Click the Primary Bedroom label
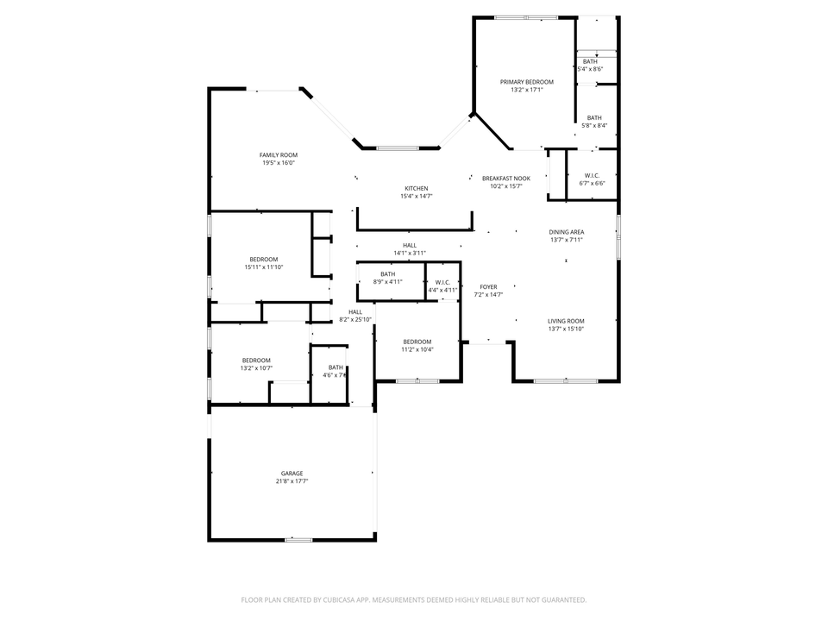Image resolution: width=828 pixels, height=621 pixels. (x=527, y=82)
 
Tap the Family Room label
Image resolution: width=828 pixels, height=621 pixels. (x=279, y=155)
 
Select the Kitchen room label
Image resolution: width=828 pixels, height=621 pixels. (x=417, y=189)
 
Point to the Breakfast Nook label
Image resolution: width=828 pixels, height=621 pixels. (x=506, y=179)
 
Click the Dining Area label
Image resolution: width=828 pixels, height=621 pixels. (x=567, y=232)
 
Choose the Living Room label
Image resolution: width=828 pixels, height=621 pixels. (x=566, y=322)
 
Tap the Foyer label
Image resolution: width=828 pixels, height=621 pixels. (x=488, y=287)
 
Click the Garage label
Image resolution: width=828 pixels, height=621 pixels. (x=292, y=474)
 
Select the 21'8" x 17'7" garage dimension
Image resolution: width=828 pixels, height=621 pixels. (x=292, y=481)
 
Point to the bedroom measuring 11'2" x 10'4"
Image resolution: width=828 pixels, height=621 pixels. (x=417, y=342)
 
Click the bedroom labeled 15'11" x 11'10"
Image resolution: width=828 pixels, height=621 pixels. (x=264, y=260)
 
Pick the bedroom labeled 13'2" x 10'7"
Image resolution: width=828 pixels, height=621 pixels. (x=256, y=361)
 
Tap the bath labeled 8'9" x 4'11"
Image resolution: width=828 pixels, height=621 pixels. (x=388, y=274)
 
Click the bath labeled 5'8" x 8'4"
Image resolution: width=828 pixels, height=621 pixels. (x=595, y=118)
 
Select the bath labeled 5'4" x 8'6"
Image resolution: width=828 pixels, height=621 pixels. (x=590, y=62)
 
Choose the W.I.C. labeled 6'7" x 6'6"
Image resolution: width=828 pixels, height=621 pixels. (x=592, y=176)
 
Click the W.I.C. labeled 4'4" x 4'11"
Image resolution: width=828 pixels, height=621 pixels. (x=442, y=282)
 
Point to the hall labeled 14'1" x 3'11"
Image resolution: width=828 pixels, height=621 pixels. (x=410, y=245)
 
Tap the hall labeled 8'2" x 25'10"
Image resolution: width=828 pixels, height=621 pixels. (x=355, y=312)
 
